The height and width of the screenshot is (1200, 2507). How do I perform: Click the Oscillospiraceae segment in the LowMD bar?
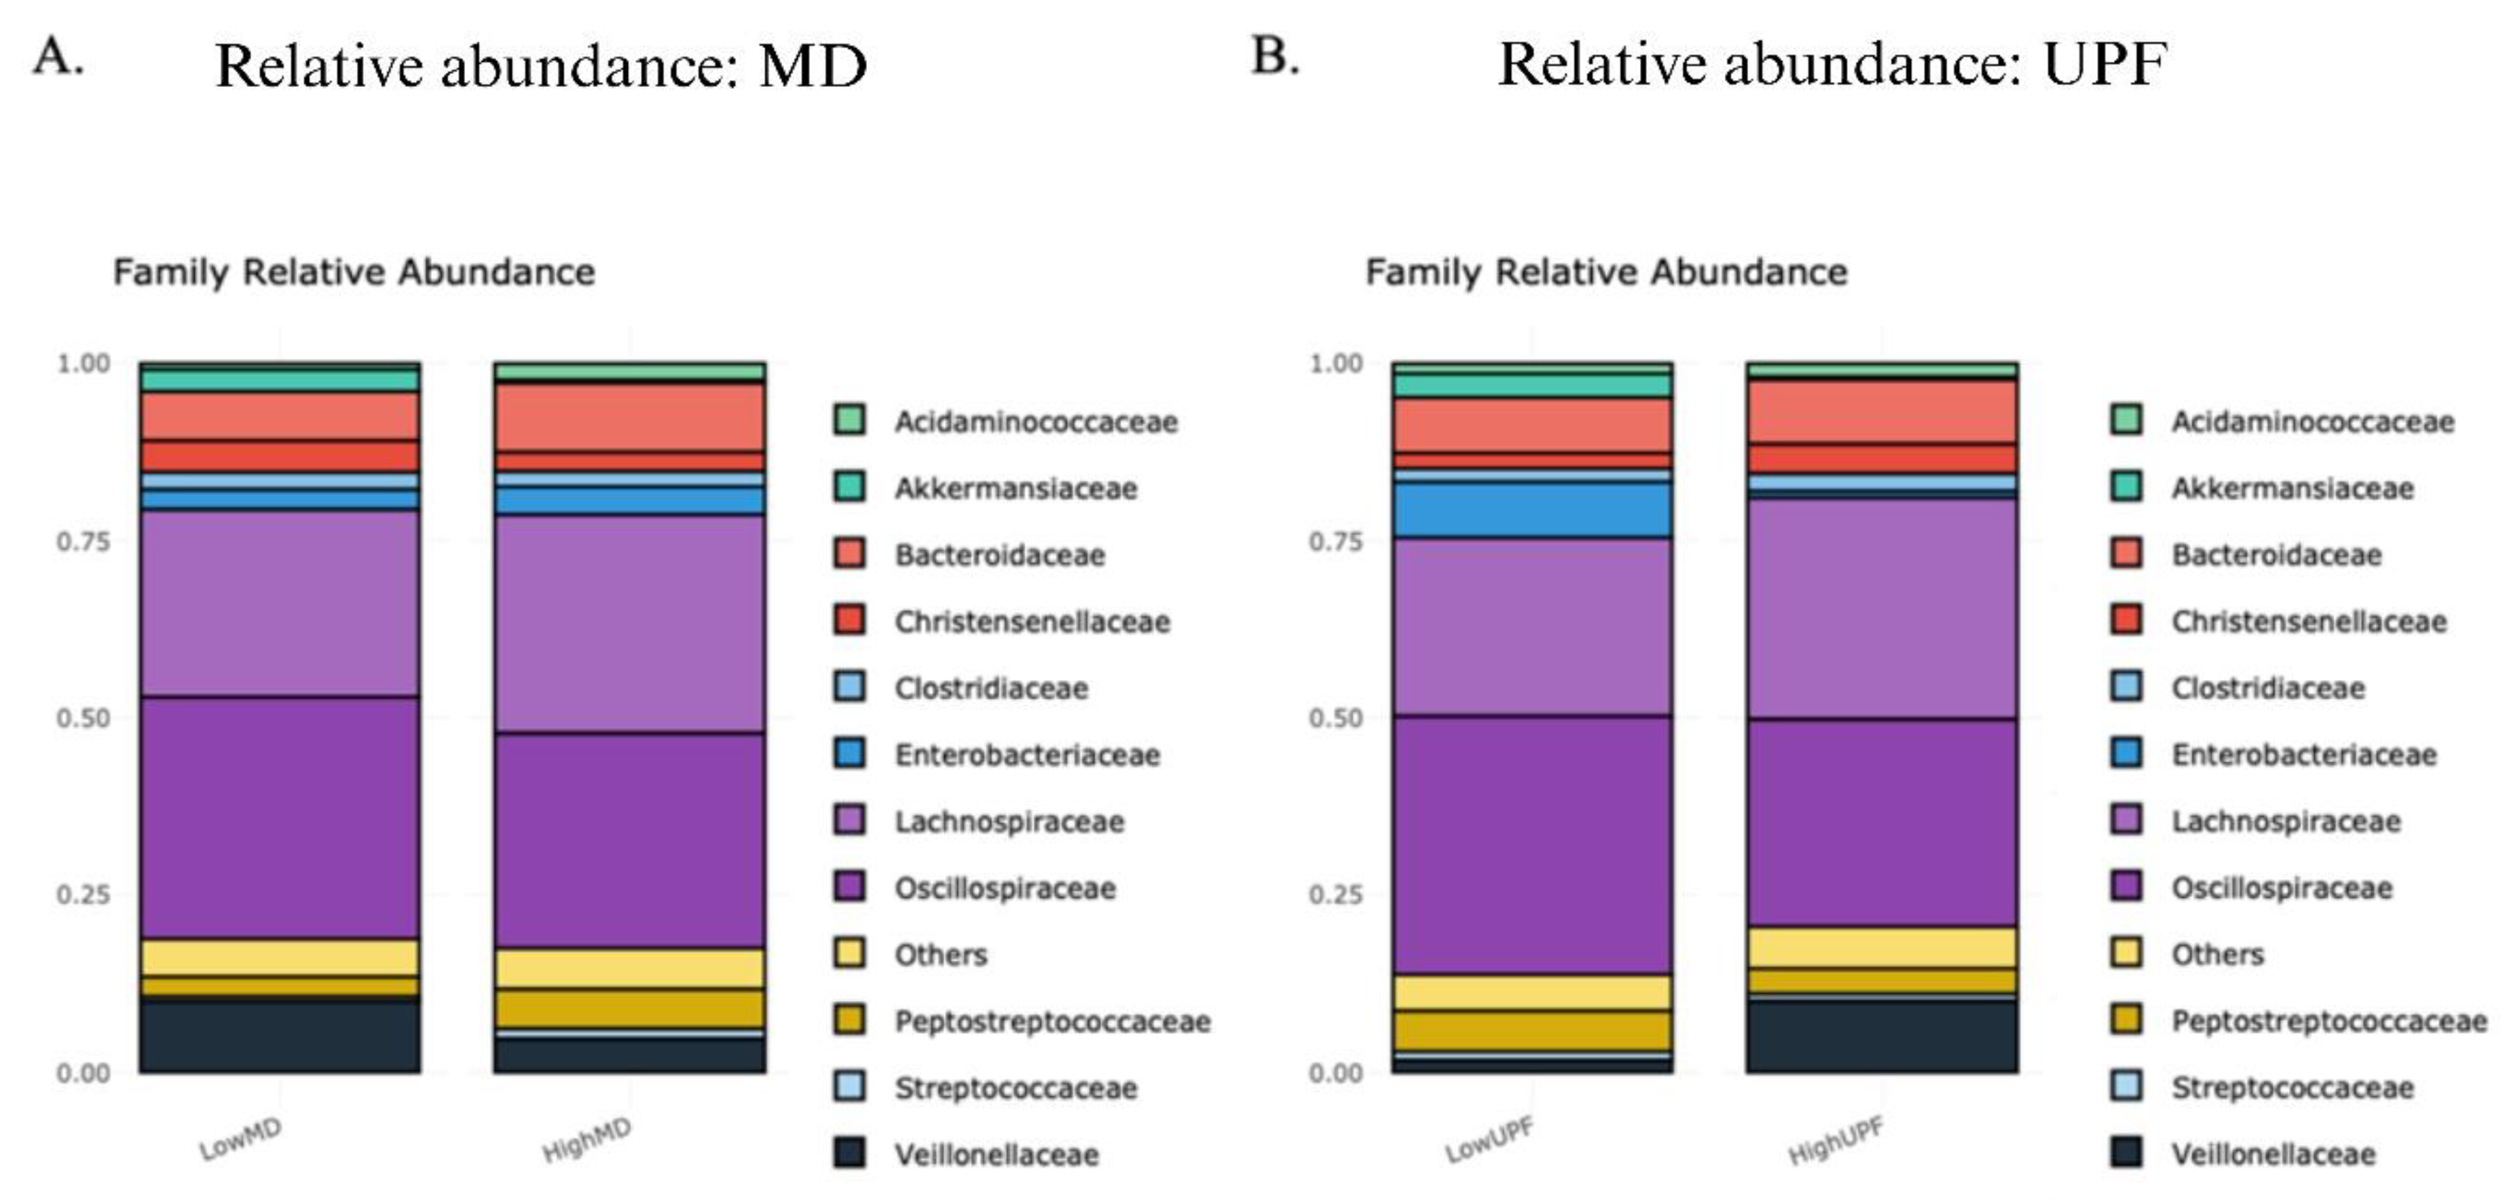pyautogui.click(x=279, y=817)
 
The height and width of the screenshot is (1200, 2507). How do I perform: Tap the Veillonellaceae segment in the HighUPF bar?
pyautogui.click(x=1881, y=1036)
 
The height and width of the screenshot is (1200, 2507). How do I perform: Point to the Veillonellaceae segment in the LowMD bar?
pyautogui.click(x=279, y=1036)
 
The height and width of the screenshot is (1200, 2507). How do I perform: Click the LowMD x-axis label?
pyautogui.click(x=240, y=1139)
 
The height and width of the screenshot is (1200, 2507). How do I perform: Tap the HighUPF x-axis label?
pyautogui.click(x=1836, y=1140)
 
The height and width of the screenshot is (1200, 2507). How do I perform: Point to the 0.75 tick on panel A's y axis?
pyautogui.click(x=83, y=541)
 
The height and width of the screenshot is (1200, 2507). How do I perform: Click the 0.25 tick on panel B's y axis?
pyautogui.click(x=1335, y=895)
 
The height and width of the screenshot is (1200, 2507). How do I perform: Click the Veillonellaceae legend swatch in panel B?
pyautogui.click(x=2126, y=1153)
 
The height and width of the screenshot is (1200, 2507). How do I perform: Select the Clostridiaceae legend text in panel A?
pyautogui.click(x=990, y=688)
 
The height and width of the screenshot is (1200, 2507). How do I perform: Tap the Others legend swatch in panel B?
pyautogui.click(x=2126, y=953)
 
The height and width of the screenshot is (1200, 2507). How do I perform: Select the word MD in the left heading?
pyautogui.click(x=812, y=67)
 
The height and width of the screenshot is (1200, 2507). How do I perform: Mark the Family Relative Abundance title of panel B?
pyautogui.click(x=1605, y=271)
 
